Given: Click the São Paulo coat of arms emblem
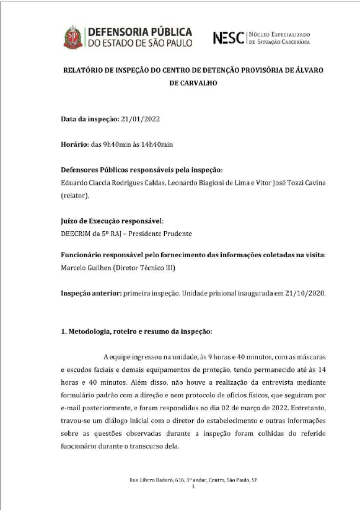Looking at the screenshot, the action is click(72, 37).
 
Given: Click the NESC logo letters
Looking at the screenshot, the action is click(228, 38).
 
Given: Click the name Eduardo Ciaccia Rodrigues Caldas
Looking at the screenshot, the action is click(108, 183).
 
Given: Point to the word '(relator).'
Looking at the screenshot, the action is click(76, 195).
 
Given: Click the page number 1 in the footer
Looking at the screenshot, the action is click(193, 487).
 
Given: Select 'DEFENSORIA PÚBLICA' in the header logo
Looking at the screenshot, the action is click(139, 32).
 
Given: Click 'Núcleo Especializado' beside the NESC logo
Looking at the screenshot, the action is click(279, 34).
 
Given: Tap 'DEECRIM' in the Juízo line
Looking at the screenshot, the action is click(77, 234).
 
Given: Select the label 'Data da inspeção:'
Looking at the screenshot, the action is click(87, 118).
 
